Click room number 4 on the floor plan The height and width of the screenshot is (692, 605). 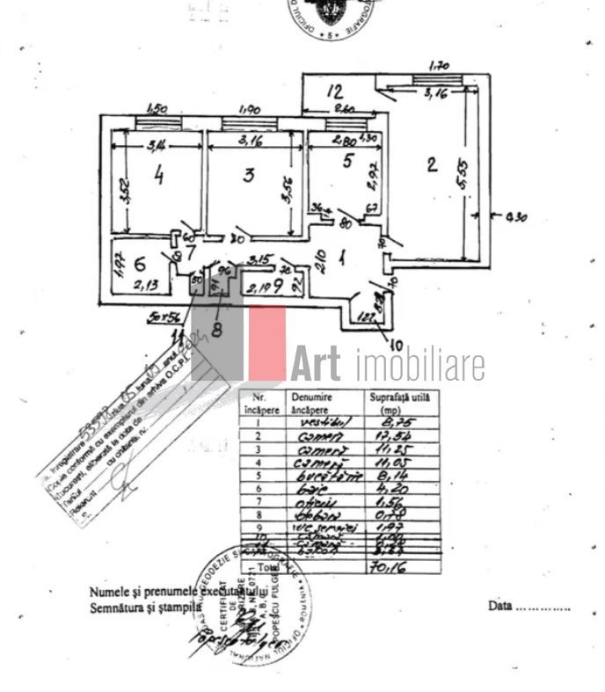click(x=158, y=175)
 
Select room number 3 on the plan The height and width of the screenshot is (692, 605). click(x=249, y=175)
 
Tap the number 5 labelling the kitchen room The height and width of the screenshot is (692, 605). click(x=347, y=160)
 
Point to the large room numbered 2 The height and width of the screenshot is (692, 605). click(x=431, y=164)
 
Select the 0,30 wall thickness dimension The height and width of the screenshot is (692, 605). click(x=515, y=216)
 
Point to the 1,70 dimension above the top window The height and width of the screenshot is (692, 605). click(x=438, y=65)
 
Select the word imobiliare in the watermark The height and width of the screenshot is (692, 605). click(x=420, y=364)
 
